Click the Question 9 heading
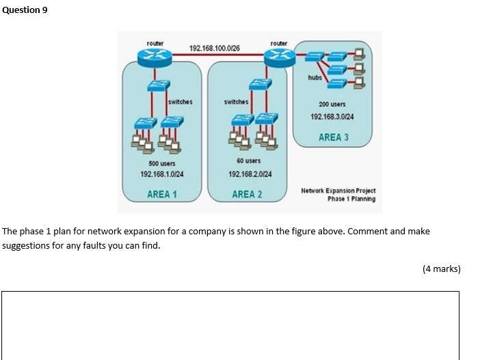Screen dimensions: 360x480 (25, 10)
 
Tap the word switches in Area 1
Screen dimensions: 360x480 (180, 102)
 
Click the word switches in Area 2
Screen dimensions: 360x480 (237, 102)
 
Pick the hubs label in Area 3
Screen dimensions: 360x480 (315, 78)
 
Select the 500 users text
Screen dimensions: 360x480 (161, 164)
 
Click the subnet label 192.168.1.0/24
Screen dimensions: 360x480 (161, 174)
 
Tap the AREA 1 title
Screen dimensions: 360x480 (162, 194)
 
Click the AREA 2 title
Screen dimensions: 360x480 (247, 194)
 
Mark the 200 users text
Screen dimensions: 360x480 (332, 105)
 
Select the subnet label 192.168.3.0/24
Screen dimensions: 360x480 (332, 117)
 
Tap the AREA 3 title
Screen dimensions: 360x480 (333, 137)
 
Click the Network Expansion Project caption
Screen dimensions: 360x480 (338, 191)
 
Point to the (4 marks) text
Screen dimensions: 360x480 (442, 268)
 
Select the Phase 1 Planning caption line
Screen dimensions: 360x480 (351, 199)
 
